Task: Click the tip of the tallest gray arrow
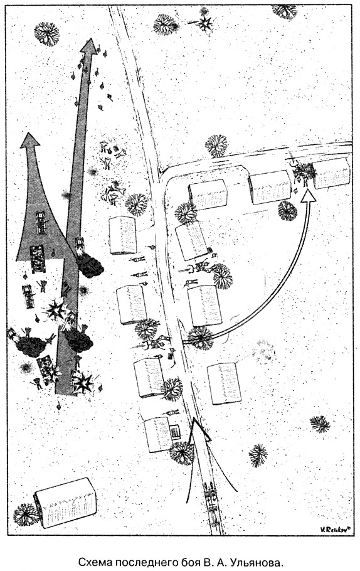click(88, 39)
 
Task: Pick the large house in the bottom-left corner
click(65, 503)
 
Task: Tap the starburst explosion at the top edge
click(205, 24)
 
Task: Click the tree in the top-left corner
click(46, 34)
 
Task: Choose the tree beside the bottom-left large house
click(26, 514)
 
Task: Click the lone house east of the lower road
click(225, 383)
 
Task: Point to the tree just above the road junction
click(216, 146)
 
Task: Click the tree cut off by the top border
click(284, 11)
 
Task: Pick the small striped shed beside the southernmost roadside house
click(176, 432)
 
